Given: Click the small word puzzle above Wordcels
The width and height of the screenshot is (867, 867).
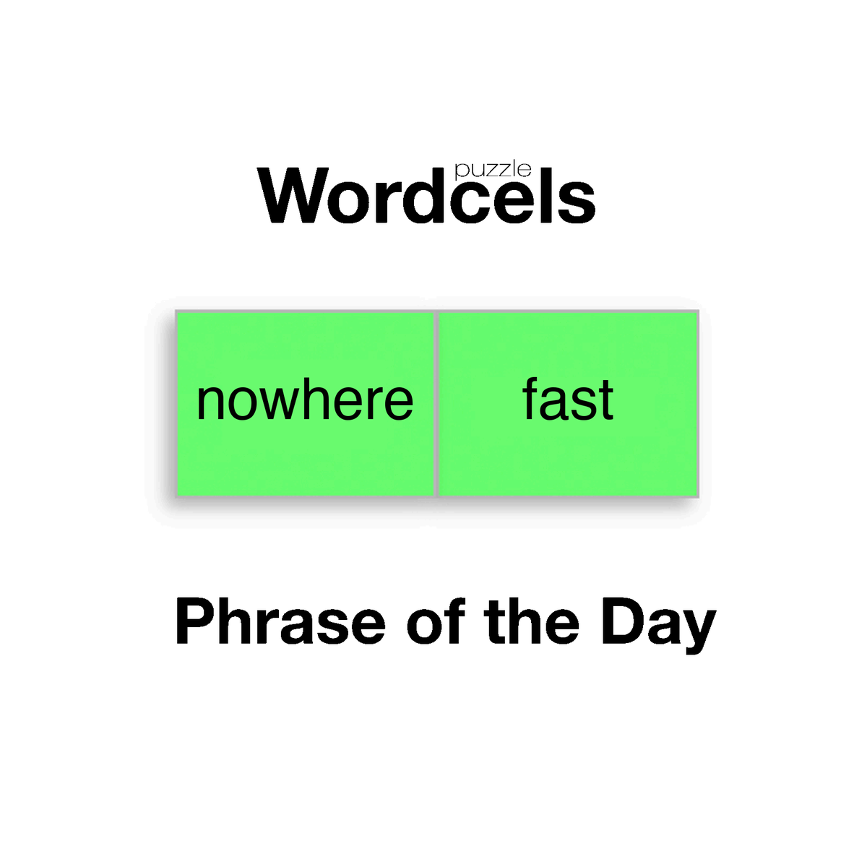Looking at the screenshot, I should click(493, 171).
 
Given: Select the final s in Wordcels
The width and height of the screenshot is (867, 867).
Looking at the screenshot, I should click(578, 202).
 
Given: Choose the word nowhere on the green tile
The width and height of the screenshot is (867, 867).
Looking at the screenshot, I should click(305, 401).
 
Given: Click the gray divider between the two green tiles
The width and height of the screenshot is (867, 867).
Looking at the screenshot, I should click(436, 404).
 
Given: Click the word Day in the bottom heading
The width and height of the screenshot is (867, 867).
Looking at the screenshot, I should click(658, 625).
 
